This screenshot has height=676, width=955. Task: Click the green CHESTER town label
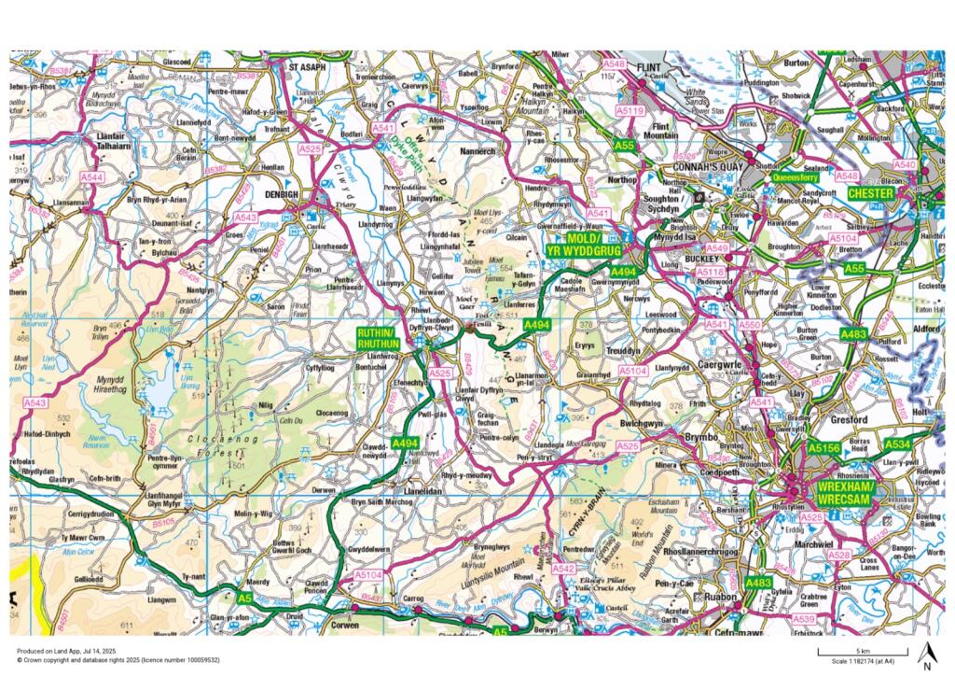871,192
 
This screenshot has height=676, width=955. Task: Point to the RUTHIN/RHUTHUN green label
377,338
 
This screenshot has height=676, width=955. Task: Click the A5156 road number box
824,449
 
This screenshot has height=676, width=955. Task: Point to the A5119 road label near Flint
631,111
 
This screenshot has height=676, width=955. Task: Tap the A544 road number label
92,176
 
